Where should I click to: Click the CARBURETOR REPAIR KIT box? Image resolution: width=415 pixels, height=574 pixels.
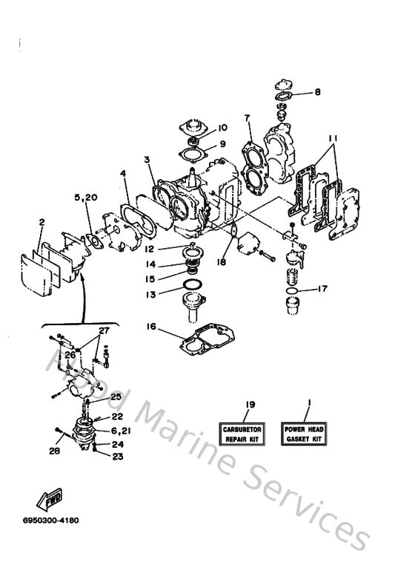pyautogui.click(x=245, y=434)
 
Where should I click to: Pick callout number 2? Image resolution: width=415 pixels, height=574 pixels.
pyautogui.click(x=42, y=221)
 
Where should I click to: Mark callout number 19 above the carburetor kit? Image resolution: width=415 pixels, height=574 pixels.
pyautogui.click(x=250, y=404)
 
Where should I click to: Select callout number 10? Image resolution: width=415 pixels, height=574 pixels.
pyautogui.click(x=201, y=128)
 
